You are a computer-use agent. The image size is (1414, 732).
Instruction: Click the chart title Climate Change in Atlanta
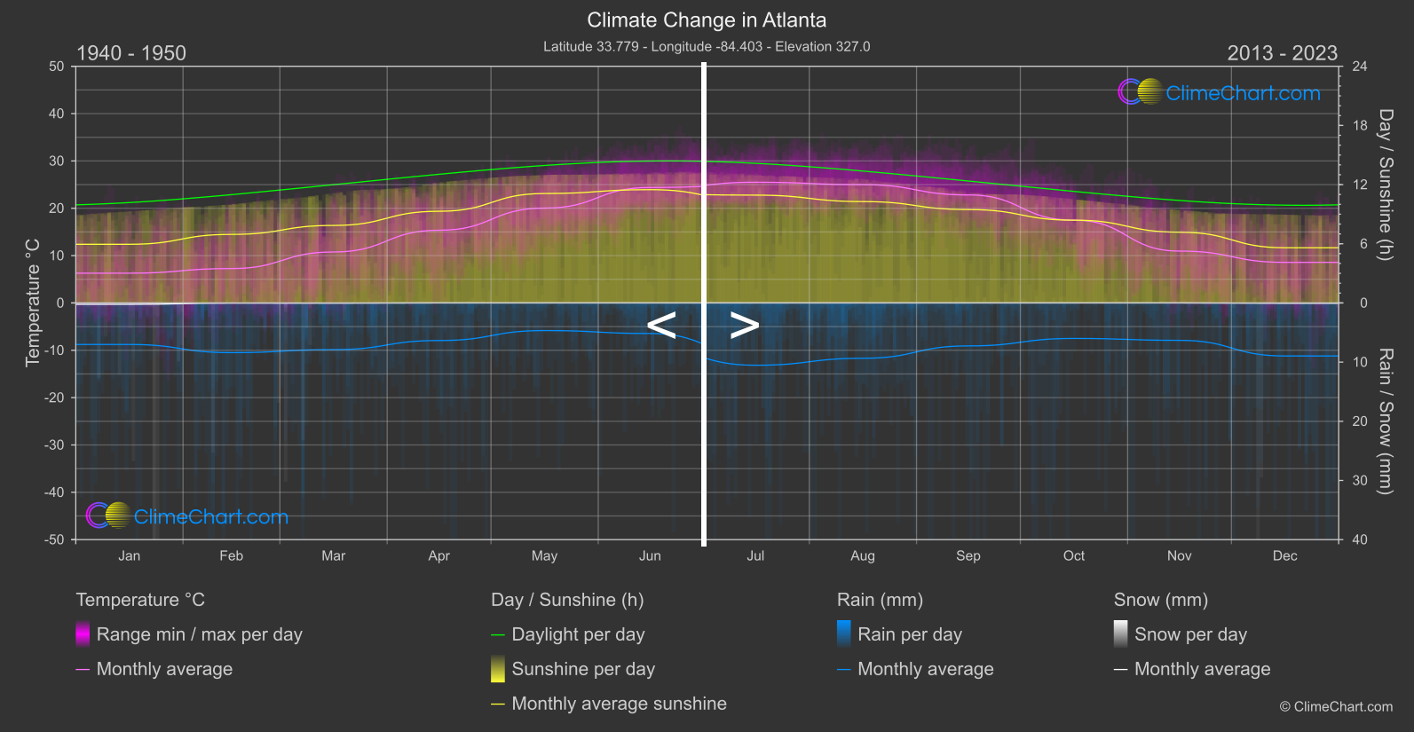point(707,20)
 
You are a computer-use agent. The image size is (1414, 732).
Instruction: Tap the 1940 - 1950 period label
point(131,53)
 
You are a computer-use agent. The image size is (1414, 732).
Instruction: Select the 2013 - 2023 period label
point(1282,53)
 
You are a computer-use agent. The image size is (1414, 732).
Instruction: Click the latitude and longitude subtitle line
point(707,47)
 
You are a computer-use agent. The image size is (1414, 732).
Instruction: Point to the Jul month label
point(755,556)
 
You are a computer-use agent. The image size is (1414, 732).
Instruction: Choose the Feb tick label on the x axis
point(231,556)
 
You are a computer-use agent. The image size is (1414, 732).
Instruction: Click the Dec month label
point(1284,556)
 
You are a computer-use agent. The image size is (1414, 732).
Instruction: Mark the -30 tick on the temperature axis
point(54,445)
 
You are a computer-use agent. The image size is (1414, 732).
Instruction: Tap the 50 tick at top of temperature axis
point(57,67)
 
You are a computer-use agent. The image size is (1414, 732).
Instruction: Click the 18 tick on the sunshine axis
point(1360,126)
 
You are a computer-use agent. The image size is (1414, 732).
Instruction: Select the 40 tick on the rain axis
point(1360,539)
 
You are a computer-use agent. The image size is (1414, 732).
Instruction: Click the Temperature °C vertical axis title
point(33,303)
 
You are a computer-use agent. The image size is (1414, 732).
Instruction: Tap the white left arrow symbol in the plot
point(661,326)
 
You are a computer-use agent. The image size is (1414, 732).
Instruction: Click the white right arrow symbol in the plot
point(745,326)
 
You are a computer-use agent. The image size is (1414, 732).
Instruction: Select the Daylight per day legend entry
point(578,634)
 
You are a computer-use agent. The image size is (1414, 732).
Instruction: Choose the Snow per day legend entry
point(1190,634)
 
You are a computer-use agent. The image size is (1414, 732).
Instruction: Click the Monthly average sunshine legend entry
point(619,704)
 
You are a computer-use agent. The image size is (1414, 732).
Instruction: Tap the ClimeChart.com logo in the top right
point(1221,92)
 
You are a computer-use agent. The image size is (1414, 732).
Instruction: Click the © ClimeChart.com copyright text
point(1336,707)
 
